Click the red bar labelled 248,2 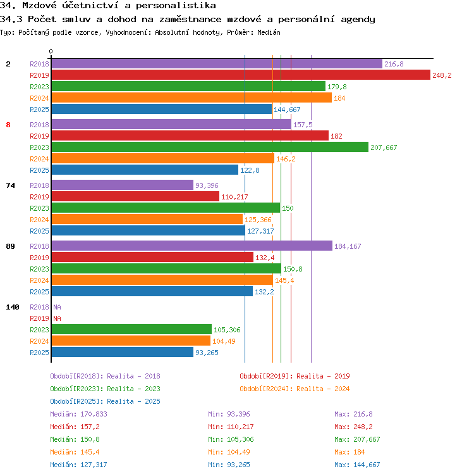coord(240,75)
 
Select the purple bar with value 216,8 coord(216,64)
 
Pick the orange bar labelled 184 coord(191,98)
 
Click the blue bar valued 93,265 coord(122,353)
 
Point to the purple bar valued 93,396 coord(122,185)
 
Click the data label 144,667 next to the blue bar coord(287,110)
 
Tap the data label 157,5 coord(303,125)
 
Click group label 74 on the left coord(10,185)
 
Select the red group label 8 coord(8,125)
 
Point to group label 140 coord(13,307)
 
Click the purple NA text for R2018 coord(57,307)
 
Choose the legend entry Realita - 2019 coord(295,376)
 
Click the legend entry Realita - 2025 coord(105,401)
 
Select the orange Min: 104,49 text coord(231,452)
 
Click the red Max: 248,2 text coord(353,427)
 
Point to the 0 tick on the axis coord(51,52)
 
